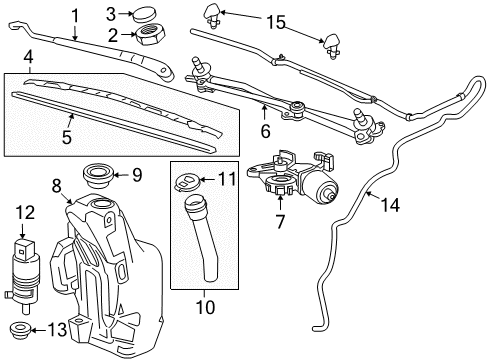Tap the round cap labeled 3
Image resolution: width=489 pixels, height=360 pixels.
152,14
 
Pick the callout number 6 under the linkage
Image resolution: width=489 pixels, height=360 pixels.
264,130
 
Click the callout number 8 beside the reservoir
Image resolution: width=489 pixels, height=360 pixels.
57,184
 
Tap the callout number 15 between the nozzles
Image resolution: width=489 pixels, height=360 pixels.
274,20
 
